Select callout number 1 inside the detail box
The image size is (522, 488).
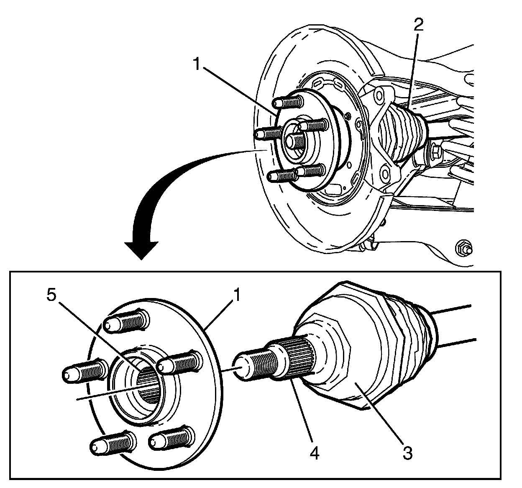click(x=237, y=296)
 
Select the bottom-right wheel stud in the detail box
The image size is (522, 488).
click(x=171, y=437)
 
